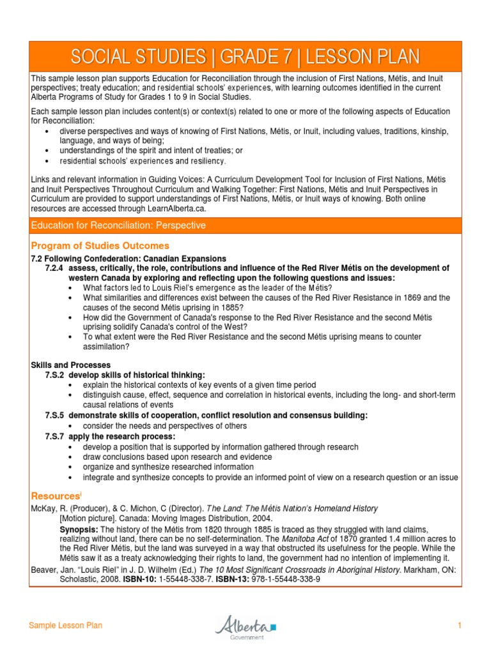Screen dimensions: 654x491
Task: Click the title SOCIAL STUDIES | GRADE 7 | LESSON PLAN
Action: pos(245,57)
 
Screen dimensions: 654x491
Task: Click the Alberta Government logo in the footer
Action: pos(245,626)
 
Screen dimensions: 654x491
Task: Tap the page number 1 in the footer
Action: pos(459,626)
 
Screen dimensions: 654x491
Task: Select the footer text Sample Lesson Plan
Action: pos(65,626)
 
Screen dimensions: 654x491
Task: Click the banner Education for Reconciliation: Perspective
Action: pos(119,225)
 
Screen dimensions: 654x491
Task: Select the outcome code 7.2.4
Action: pos(54,268)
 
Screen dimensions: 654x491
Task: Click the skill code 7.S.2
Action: pos(54,375)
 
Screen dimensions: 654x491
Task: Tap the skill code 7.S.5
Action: pos(54,416)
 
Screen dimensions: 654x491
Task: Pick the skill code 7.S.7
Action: pos(54,436)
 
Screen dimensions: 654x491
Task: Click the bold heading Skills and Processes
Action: pos(70,365)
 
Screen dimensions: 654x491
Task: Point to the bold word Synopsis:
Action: pos(79,529)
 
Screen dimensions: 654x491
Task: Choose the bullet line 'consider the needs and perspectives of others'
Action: pos(164,426)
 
